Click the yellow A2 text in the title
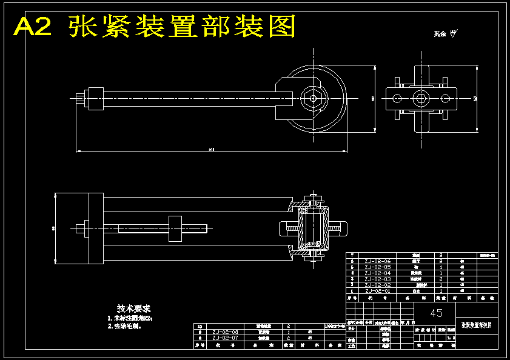33,27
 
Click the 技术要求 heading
133,308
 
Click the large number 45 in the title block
436,313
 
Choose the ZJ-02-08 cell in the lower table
225,332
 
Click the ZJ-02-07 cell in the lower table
225,338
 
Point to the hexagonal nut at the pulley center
312,98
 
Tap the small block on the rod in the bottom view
175,228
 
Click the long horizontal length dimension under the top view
211,150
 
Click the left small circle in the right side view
397,98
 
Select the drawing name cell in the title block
477,325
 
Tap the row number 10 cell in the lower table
200,326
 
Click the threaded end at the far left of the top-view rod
81,98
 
